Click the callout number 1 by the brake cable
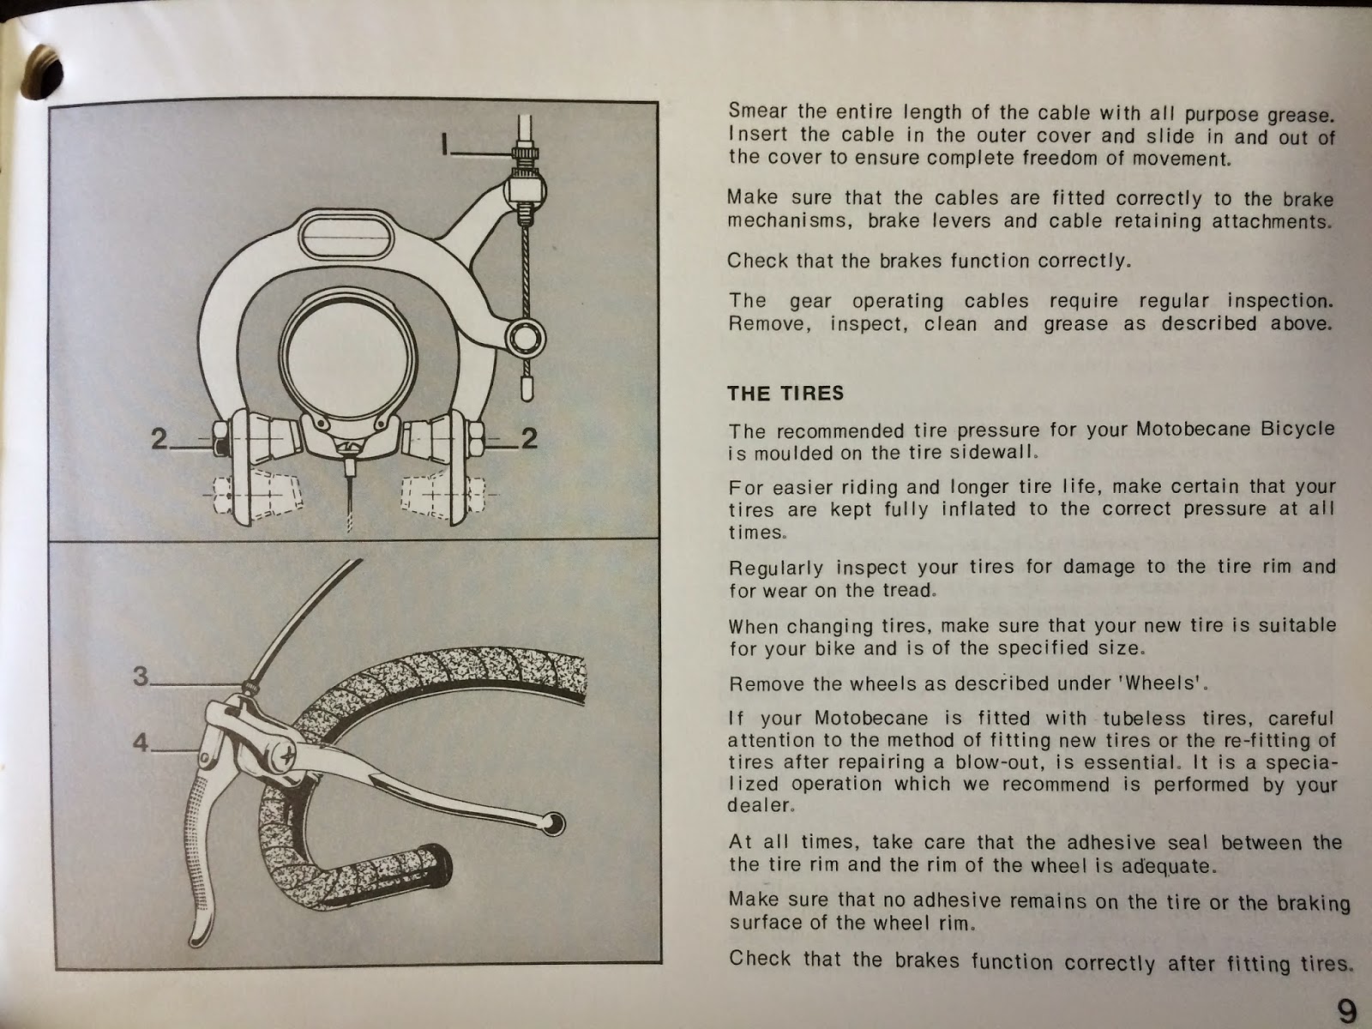[445, 144]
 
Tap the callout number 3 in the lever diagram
[141, 676]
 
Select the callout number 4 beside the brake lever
[141, 743]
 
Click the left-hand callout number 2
[159, 440]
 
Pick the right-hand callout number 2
[529, 438]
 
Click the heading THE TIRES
[785, 394]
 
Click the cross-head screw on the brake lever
[287, 759]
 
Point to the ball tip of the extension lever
[553, 823]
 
